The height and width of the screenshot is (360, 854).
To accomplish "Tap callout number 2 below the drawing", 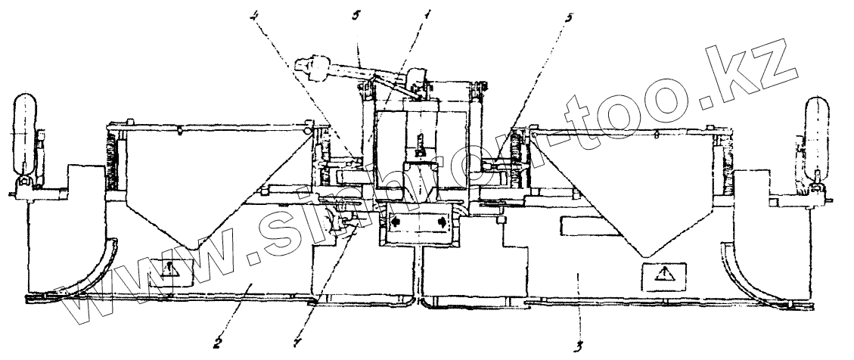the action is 217,342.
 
